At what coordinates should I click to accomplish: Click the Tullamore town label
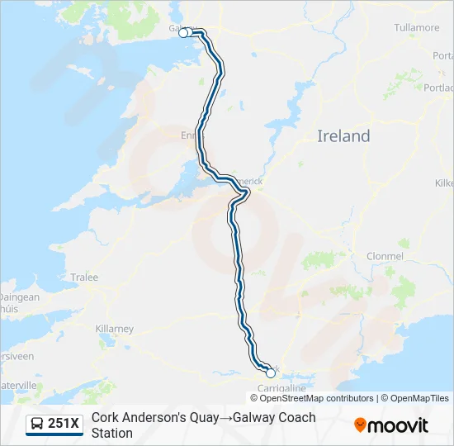point(417,27)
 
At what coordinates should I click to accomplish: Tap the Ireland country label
point(343,136)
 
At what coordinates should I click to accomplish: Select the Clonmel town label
point(385,256)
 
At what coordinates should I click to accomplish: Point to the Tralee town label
point(83,278)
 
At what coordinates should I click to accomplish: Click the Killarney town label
point(114,329)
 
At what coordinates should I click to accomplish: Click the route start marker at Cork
point(271,373)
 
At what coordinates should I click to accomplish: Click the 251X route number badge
point(64,424)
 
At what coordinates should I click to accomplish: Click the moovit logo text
point(398,425)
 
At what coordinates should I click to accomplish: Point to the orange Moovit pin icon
point(360,425)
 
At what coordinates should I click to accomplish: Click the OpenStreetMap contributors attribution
point(305,398)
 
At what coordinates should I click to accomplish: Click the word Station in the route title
point(112,433)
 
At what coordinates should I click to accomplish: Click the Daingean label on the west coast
point(18,297)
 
